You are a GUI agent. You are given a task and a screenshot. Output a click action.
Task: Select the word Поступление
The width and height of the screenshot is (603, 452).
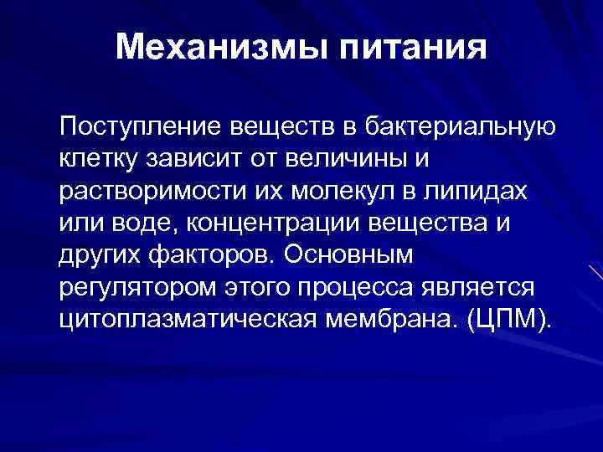click(133, 126)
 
